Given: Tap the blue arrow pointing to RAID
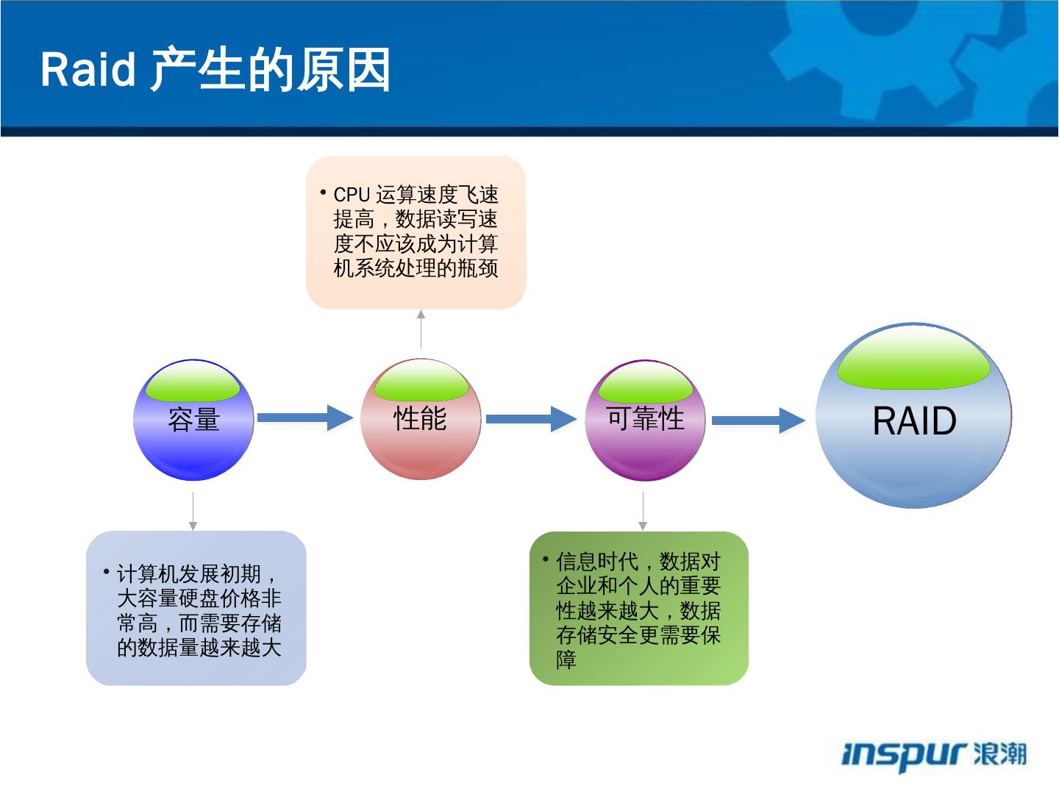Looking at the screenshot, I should click(757, 420).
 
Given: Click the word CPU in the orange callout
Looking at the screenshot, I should click(351, 195).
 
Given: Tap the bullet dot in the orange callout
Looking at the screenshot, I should click(323, 193).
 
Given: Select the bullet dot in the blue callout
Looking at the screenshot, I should click(107, 571).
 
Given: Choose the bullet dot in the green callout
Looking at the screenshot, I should click(546, 559).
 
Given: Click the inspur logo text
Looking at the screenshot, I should click(903, 755).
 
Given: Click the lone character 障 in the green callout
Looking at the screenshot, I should click(566, 659).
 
